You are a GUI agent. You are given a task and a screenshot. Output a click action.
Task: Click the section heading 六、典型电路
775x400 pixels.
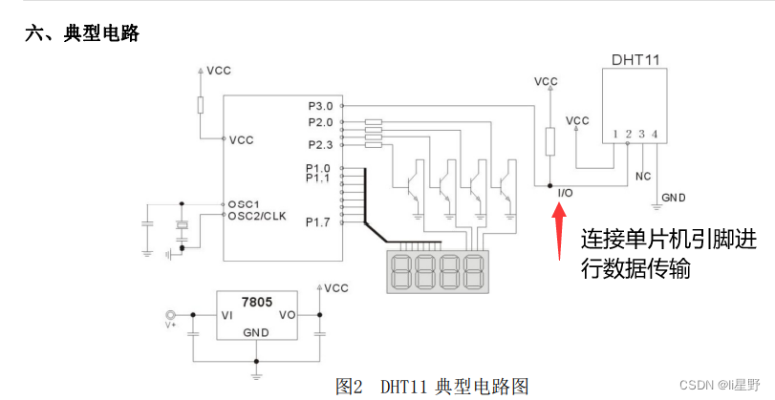[x=83, y=34]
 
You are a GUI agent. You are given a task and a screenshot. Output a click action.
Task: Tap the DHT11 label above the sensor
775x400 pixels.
[x=635, y=59]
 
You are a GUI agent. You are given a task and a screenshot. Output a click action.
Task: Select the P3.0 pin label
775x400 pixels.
[x=320, y=105]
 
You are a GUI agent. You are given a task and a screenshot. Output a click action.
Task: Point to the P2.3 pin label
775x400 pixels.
[x=320, y=144]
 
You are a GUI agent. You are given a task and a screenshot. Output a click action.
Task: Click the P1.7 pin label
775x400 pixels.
[x=318, y=222]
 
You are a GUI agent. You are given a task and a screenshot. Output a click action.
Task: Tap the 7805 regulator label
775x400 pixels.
[x=257, y=301]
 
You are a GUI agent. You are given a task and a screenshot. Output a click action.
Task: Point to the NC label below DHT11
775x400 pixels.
[x=642, y=177]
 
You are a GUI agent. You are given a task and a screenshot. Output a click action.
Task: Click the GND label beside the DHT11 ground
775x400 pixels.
[x=674, y=198]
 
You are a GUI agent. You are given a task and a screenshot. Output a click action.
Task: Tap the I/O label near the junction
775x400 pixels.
[x=565, y=194]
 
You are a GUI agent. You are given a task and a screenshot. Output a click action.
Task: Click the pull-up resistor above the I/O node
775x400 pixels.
[x=549, y=141]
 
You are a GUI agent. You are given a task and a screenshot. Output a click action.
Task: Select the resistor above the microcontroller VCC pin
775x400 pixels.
[x=201, y=104]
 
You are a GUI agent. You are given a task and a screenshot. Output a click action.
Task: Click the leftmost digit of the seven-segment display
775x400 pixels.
[x=405, y=272]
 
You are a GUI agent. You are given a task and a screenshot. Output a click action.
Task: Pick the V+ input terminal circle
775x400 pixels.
[x=172, y=315]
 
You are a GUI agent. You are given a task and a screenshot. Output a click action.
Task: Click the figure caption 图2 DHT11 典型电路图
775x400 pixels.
[x=431, y=387]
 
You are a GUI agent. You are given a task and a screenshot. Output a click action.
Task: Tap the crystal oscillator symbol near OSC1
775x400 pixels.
[x=182, y=227]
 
